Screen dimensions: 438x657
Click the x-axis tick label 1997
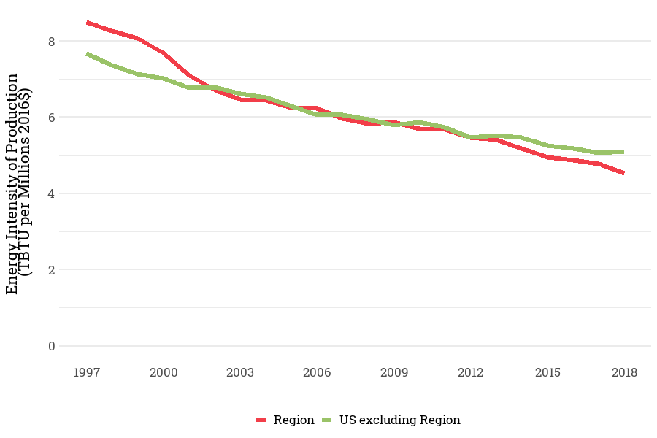tap(87, 373)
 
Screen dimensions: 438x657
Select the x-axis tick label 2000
tap(164, 373)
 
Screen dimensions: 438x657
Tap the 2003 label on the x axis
tap(240, 373)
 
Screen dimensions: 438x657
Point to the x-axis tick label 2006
tap(317, 373)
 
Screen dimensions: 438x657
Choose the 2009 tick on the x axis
tap(394, 373)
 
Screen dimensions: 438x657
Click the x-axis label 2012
tap(471, 373)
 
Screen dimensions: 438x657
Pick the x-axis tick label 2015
tap(547, 373)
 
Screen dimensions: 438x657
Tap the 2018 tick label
tap(624, 373)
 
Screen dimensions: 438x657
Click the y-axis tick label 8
tap(51, 42)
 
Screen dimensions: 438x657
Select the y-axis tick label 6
tap(51, 118)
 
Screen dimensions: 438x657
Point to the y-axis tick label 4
tap(51, 193)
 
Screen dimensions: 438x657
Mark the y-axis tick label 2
tap(51, 269)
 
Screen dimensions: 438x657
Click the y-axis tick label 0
tap(51, 346)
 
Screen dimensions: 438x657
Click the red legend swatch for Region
tap(263, 420)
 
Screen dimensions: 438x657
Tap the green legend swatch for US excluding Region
tap(326, 420)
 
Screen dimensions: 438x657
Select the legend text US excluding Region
tap(399, 420)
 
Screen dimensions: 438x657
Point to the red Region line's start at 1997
tap(87, 23)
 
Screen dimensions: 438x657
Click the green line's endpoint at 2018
tap(623, 152)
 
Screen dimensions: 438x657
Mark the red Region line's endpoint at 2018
tap(623, 173)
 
